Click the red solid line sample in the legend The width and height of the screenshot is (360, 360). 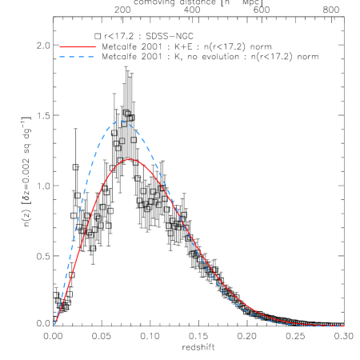point(78,47)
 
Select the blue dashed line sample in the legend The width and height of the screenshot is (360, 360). point(78,57)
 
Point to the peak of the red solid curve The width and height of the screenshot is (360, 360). point(130,158)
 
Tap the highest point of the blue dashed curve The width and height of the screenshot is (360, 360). point(119,121)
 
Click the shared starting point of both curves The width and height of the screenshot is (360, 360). point(54,325)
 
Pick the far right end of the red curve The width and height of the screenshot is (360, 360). point(343,326)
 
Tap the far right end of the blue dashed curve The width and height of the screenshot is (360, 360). point(343,326)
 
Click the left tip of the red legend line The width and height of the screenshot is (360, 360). point(60,47)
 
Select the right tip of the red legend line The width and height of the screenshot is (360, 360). point(96,47)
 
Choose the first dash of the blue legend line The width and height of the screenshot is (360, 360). point(62,57)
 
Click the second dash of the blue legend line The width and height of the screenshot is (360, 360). point(72,57)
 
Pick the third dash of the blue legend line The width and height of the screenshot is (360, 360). point(82,57)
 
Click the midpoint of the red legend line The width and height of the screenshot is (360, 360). point(78,47)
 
